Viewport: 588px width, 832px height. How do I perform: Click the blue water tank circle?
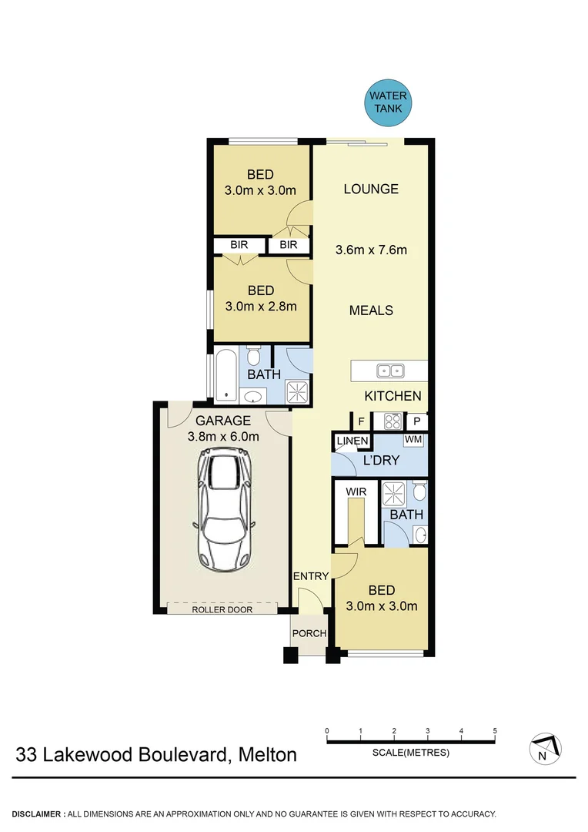click(389, 103)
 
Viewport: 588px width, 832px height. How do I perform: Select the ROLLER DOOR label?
click(222, 609)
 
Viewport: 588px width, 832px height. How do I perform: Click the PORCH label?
click(309, 634)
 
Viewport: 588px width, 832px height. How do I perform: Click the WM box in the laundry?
click(413, 439)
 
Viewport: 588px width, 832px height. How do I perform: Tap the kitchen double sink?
click(390, 371)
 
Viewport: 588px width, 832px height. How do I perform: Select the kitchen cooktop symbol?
click(390, 421)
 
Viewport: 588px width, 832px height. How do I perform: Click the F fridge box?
click(361, 421)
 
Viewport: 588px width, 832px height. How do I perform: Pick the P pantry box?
click(416, 421)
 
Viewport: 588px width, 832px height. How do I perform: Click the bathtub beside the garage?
click(225, 376)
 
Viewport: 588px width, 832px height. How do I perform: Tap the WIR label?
click(356, 491)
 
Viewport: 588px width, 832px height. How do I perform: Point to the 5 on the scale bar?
click(494, 730)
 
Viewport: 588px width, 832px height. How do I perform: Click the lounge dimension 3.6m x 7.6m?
click(371, 250)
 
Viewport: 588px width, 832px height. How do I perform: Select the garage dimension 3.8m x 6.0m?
click(222, 436)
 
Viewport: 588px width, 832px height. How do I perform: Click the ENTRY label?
click(311, 576)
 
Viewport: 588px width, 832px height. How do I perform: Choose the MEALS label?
click(371, 310)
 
